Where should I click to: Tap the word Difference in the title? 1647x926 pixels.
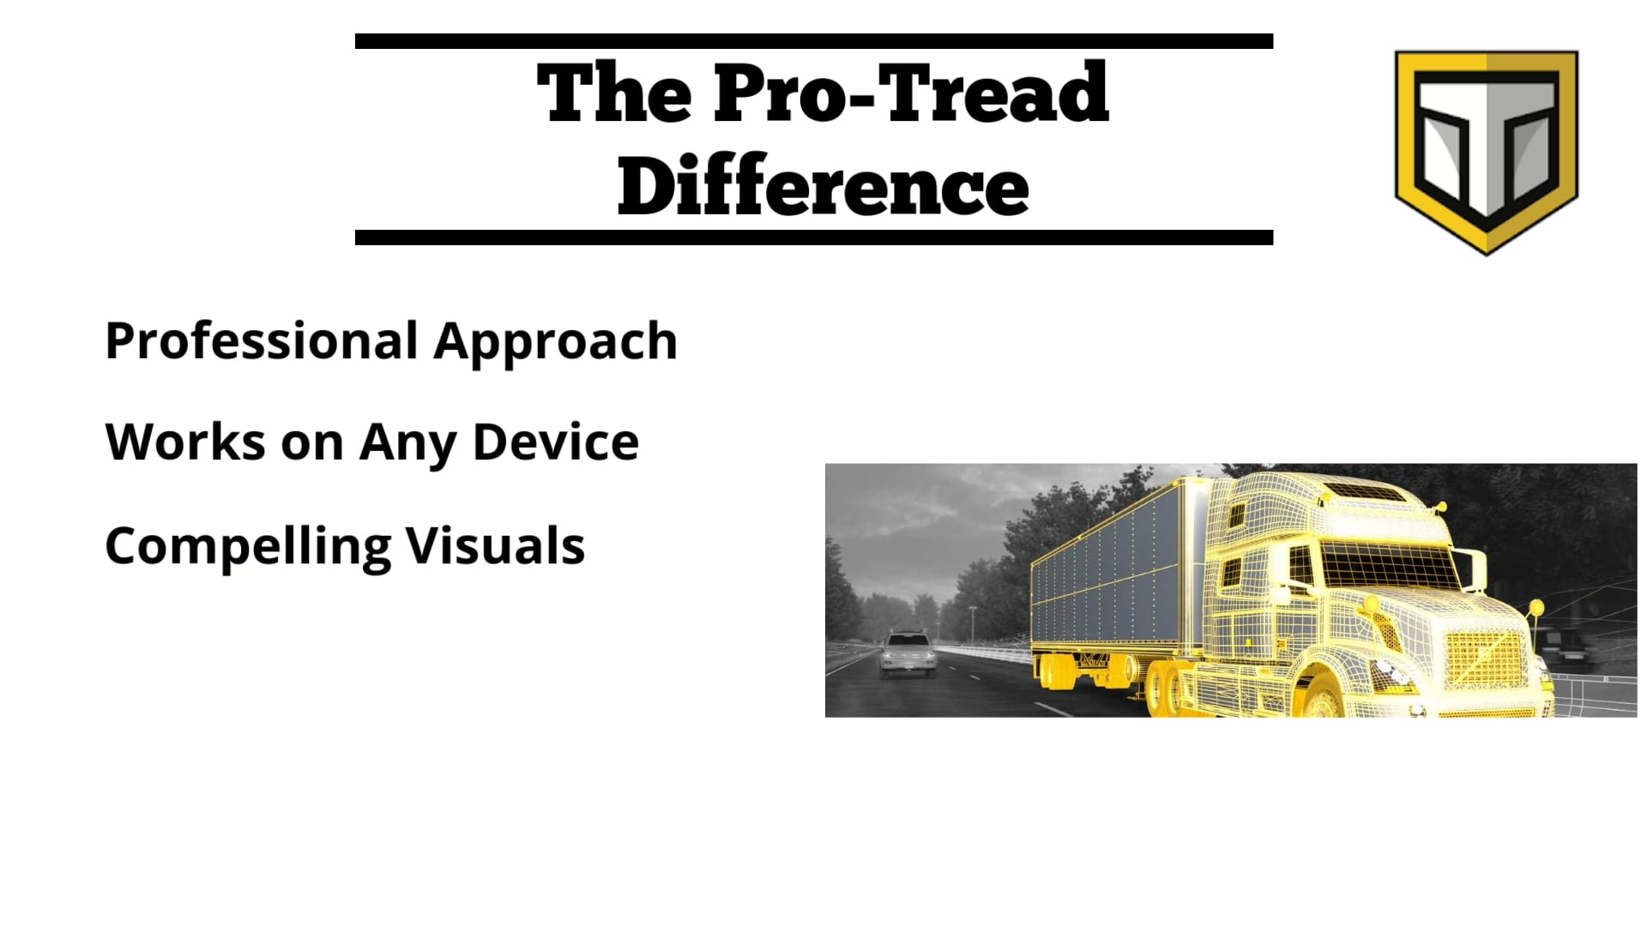(823, 187)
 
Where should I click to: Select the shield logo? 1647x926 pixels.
(1486, 150)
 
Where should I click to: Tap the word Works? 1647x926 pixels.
(185, 442)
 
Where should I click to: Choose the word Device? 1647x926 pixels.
(555, 442)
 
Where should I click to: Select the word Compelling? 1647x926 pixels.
(247, 546)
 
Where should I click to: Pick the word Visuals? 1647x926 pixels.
(495, 545)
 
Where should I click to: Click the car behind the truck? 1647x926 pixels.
(907, 654)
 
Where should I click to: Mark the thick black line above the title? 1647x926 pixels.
(813, 41)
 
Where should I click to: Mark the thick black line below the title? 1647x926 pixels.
(813, 238)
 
